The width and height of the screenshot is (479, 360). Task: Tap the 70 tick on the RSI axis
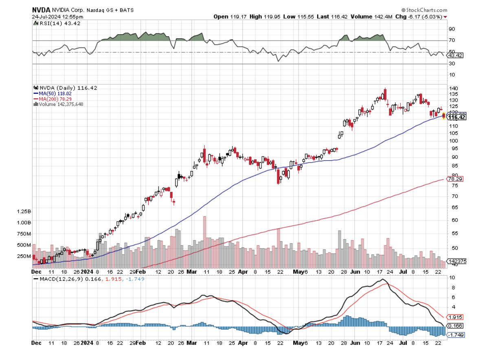451,40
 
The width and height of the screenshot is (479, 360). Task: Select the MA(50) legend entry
53,93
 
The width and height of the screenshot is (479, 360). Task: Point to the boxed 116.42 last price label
457,117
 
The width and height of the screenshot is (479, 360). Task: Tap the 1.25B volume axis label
24,212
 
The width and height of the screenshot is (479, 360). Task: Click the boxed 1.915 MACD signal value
455,317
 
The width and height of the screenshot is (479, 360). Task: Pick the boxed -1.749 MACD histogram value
456,335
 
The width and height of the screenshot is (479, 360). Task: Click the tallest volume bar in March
204,241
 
